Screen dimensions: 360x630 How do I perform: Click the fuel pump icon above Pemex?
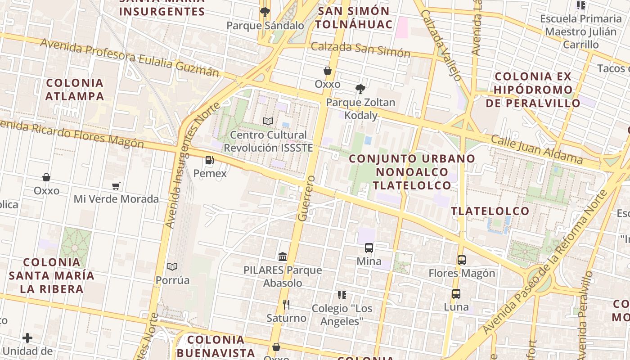(x=209, y=160)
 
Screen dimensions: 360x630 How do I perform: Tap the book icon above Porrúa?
(x=172, y=267)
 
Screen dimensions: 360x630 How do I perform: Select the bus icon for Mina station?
(x=369, y=248)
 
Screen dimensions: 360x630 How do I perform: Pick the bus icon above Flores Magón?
(x=462, y=260)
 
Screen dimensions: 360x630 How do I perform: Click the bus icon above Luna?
(x=456, y=294)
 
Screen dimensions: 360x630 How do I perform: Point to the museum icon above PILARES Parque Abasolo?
(x=283, y=256)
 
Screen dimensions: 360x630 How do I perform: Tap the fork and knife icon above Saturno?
(x=286, y=305)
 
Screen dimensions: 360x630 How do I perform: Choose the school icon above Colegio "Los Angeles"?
(x=342, y=295)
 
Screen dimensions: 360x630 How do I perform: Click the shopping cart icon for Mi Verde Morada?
(x=116, y=186)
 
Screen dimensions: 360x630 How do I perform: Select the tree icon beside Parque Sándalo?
(x=265, y=12)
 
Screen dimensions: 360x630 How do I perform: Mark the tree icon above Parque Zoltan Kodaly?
(x=360, y=89)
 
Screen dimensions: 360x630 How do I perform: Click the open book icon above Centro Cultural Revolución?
(x=268, y=121)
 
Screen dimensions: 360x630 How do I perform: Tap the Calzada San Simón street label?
(x=360, y=50)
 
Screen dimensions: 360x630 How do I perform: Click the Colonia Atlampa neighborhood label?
(x=75, y=90)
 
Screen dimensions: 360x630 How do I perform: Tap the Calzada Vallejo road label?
(x=441, y=45)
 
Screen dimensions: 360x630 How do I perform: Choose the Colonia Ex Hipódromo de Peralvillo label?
(x=533, y=90)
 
